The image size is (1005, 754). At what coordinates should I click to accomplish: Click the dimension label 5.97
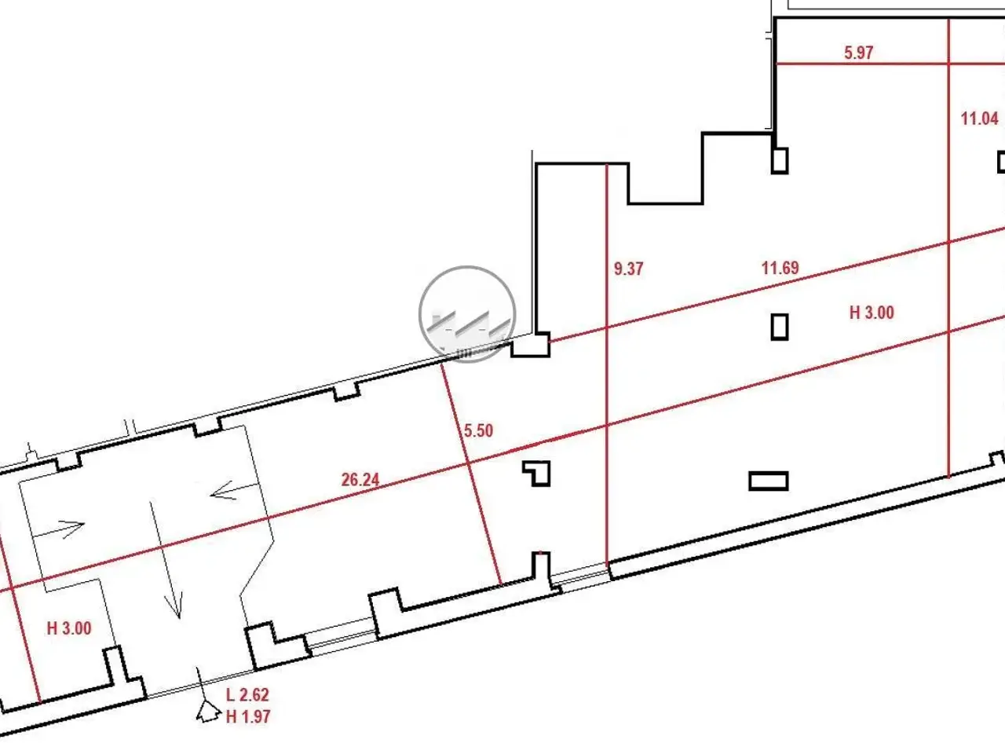[858, 52]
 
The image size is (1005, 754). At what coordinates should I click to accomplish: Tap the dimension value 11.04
[979, 119]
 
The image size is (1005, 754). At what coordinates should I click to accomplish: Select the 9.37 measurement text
[628, 269]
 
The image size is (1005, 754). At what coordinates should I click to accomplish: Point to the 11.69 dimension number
[780, 267]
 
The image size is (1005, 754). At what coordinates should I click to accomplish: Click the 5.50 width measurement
[478, 430]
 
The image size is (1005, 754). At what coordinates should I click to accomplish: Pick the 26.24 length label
[360, 480]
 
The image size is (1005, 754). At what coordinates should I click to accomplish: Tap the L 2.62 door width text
[247, 695]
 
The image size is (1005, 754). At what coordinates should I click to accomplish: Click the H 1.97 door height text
[247, 716]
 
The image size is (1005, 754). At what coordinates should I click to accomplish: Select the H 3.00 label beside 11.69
[872, 313]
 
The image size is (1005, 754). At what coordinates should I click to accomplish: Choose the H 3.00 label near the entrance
[69, 628]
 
